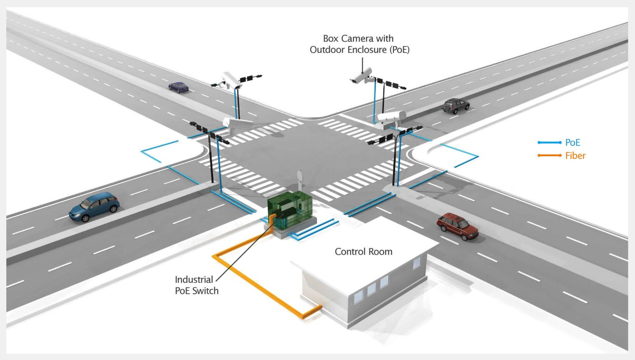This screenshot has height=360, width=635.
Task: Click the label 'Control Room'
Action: click(363, 252)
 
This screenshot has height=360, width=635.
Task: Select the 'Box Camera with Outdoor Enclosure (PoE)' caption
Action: click(360, 44)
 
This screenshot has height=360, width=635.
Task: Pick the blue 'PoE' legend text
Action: click(573, 143)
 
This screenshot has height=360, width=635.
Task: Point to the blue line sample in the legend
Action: click(549, 143)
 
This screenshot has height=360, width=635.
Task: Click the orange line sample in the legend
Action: click(549, 156)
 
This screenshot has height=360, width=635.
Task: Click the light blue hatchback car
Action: click(94, 206)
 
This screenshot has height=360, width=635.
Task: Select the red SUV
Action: click(457, 226)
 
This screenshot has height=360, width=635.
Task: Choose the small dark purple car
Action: click(179, 86)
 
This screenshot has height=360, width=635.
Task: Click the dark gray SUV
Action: click(455, 106)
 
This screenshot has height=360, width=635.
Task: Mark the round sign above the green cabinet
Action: click(299, 175)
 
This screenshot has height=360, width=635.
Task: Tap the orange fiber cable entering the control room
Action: click(312, 311)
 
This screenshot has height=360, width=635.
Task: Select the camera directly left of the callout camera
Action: click(231, 80)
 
